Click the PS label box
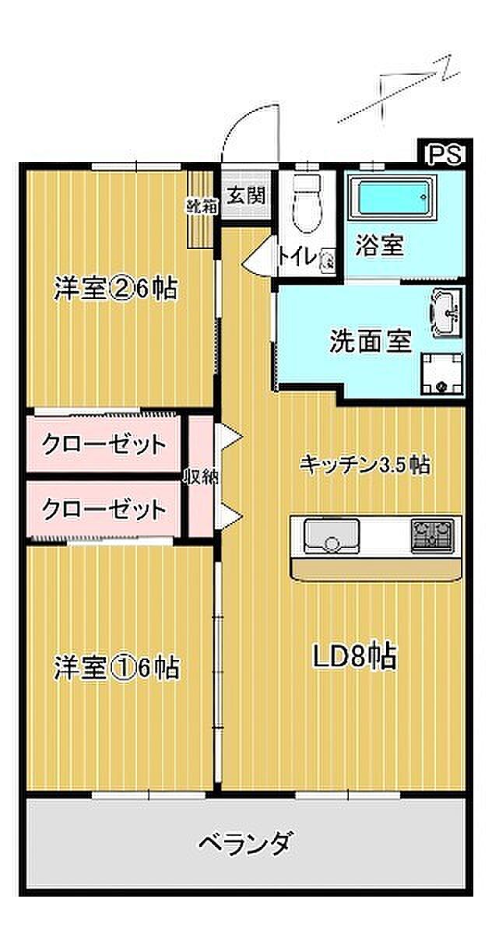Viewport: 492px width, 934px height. click(x=446, y=153)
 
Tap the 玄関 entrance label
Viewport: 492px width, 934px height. click(x=247, y=195)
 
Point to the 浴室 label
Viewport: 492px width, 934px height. click(x=380, y=246)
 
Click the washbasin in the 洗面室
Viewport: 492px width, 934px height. click(x=446, y=311)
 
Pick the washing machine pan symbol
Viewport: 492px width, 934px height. click(x=441, y=374)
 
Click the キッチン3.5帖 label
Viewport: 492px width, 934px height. click(x=365, y=465)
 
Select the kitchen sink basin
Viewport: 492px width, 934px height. click(x=329, y=535)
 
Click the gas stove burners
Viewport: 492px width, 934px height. click(x=431, y=535)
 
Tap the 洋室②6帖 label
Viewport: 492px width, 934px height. click(x=114, y=289)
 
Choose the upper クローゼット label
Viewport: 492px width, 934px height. click(x=104, y=445)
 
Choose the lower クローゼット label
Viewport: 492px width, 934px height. click(x=104, y=510)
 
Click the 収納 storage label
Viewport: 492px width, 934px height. click(x=200, y=477)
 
